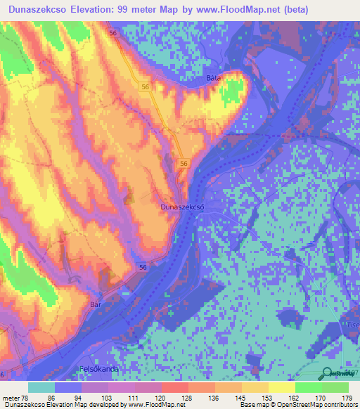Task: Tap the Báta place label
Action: (214, 78)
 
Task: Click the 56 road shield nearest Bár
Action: (143, 268)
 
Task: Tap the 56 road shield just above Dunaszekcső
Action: (183, 163)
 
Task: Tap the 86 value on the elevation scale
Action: (51, 397)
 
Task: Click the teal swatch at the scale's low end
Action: (41, 387)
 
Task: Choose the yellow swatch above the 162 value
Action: (281, 387)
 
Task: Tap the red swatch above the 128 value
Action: (174, 387)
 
